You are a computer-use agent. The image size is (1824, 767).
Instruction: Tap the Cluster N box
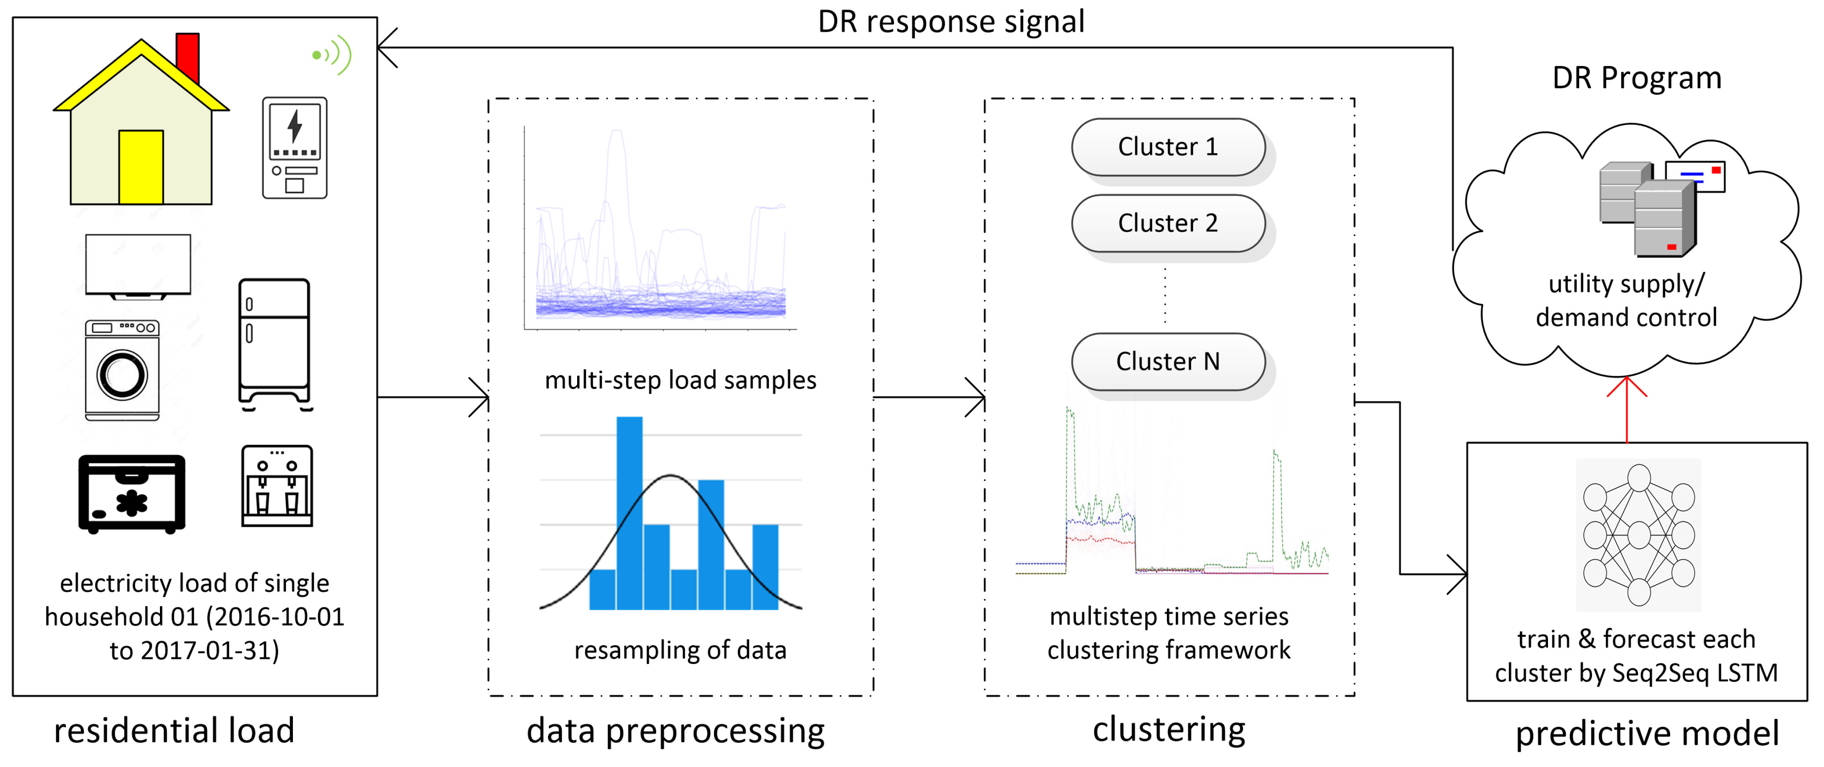pos(1168,362)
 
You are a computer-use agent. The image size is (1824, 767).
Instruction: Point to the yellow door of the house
pos(141,167)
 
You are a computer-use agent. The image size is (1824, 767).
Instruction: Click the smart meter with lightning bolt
pos(295,147)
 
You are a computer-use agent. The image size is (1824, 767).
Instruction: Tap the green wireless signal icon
pos(333,54)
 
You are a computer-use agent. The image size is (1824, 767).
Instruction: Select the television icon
pos(138,266)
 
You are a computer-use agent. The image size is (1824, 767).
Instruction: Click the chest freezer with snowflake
pos(132,494)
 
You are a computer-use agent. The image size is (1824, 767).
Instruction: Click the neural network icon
pos(1638,535)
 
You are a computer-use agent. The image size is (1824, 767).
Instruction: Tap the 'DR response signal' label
pos(951,21)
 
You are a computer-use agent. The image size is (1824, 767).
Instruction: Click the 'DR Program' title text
pos(1636,78)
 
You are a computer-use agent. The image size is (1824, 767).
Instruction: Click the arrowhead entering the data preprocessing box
pos(482,397)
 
